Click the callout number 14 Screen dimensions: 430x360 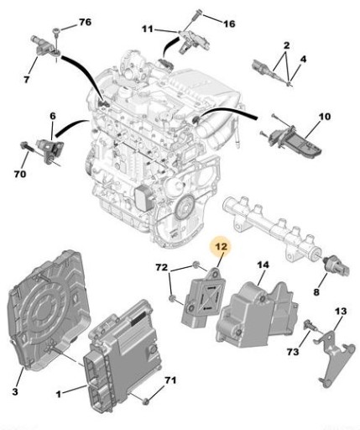click(x=263, y=265)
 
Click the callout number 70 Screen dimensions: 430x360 click(x=18, y=176)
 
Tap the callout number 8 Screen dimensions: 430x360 click(x=316, y=292)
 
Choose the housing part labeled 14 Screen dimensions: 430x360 click(x=258, y=311)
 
